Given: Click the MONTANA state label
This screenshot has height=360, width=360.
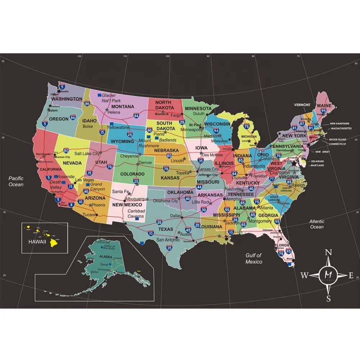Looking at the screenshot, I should coord(122,107).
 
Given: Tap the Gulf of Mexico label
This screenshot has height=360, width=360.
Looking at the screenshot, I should coord(254,258).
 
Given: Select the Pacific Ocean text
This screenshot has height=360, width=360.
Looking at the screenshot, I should coord(16,181).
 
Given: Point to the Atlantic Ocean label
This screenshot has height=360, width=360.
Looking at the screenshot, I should coord(317,224).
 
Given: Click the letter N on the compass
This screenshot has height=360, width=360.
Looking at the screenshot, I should coord(328,252).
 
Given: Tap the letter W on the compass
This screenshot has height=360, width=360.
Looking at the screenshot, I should coord(304,276).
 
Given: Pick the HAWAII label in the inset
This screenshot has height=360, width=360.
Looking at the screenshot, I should coord(37,242).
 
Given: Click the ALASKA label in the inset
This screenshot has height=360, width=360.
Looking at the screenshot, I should coord(106,256).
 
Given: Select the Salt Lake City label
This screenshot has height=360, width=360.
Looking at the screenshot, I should coord(87,153).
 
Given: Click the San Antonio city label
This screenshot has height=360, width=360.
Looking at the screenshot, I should coord(167,240).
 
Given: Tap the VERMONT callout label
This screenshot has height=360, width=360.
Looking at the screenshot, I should coord(302,105).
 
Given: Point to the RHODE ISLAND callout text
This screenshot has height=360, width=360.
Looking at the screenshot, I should coord(338,139).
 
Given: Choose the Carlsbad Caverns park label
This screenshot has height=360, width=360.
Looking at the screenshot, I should coord(136,213).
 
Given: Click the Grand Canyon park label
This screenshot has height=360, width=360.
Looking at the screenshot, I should coord(97,186).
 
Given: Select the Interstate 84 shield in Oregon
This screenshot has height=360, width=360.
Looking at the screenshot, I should coord(73,117).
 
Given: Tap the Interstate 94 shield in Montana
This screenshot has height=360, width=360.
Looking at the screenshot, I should coord(136,116).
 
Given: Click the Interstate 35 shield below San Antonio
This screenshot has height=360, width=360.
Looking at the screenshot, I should coord(169,248).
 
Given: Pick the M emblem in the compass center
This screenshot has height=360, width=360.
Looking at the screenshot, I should coord(328,275).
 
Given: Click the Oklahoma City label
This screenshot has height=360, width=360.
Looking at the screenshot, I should coord(166,201).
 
